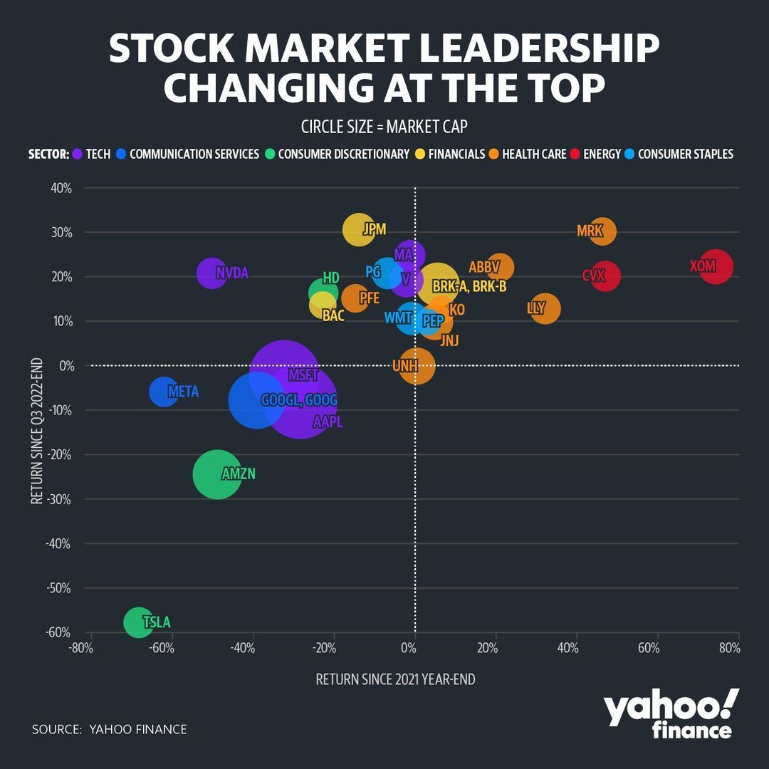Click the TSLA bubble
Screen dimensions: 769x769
tap(137, 622)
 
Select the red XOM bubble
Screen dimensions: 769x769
tap(716, 267)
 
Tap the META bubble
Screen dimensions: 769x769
tap(164, 392)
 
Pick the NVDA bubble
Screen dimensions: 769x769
tap(211, 273)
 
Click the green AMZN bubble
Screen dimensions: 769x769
tap(217, 474)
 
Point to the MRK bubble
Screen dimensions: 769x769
tap(602, 231)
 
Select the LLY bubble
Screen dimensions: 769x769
tap(545, 309)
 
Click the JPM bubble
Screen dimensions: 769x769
tap(358, 229)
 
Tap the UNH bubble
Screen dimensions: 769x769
tap(417, 366)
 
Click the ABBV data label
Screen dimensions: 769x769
tap(485, 268)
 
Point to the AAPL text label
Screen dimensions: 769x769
tap(328, 422)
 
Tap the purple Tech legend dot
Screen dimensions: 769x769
tap(76, 154)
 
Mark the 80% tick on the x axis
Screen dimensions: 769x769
tap(729, 649)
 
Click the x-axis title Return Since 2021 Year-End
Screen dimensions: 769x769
tap(395, 679)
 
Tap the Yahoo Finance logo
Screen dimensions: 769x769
tap(671, 715)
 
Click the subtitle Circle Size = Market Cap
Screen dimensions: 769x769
tap(384, 127)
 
